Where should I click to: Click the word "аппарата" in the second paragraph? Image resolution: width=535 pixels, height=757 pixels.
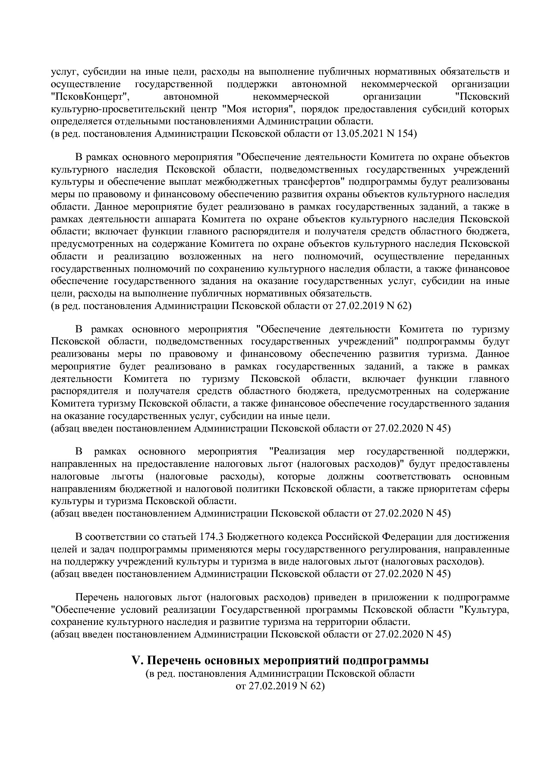coord(173,219)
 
